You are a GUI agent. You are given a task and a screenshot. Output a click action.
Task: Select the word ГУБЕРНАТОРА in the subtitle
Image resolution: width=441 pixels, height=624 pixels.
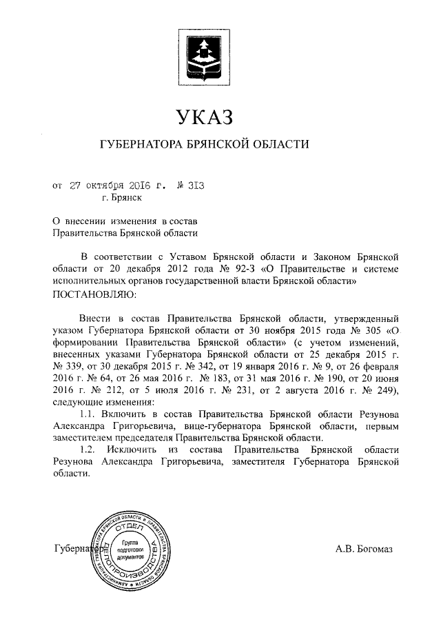[x=142, y=145]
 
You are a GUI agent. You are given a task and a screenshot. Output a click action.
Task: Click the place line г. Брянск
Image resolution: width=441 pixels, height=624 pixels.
[x=123, y=199]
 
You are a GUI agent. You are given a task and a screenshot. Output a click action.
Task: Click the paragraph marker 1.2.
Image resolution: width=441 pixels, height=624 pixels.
[x=91, y=450]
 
